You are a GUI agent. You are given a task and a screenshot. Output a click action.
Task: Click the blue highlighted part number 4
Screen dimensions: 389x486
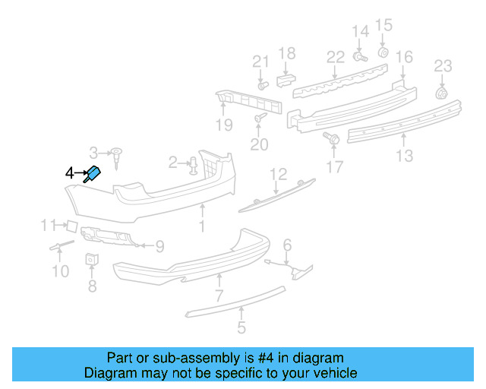(x=93, y=174)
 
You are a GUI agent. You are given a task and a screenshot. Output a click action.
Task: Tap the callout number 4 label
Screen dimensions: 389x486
(x=69, y=174)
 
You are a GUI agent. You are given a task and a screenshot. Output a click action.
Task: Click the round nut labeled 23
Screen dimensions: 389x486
(x=440, y=93)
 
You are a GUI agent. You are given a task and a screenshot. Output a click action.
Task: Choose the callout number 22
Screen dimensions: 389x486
(x=336, y=57)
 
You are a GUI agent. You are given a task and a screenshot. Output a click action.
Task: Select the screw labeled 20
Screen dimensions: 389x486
(x=260, y=118)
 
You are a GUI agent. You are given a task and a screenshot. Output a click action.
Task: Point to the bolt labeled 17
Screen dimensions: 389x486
(x=332, y=138)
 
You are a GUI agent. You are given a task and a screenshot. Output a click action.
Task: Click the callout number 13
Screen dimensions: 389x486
(x=404, y=156)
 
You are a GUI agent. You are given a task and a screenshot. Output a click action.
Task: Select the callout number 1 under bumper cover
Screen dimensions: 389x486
(x=202, y=226)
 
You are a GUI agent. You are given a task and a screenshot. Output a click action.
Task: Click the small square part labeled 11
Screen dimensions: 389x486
(x=69, y=225)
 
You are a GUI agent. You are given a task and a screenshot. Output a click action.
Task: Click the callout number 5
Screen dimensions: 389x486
(x=241, y=328)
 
